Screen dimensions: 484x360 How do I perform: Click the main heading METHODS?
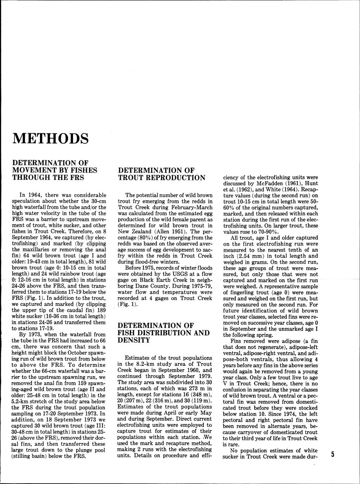click(x=50, y=139)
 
